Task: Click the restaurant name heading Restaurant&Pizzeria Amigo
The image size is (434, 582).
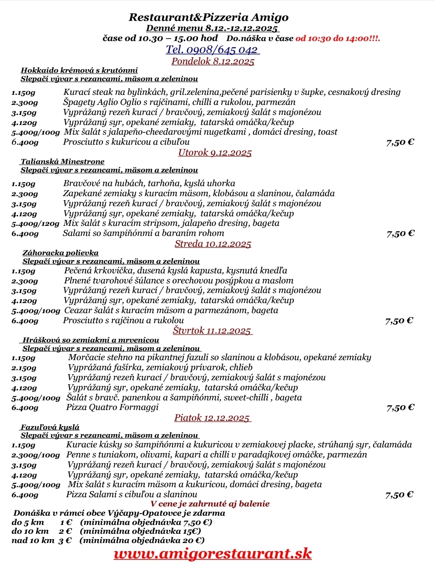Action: coord(209,17)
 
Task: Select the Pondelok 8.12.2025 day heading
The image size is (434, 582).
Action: coord(213,61)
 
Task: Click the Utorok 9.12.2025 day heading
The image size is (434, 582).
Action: coord(215,153)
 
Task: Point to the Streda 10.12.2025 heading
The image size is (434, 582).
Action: coord(213,244)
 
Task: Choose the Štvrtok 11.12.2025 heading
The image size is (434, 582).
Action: coord(212,330)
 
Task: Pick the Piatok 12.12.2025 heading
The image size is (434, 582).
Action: coord(212,418)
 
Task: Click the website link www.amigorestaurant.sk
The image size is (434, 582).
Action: coord(213,553)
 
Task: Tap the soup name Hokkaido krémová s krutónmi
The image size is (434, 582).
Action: coord(79,70)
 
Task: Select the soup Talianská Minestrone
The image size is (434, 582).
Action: coord(63,162)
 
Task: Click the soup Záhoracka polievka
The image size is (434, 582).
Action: coord(60,253)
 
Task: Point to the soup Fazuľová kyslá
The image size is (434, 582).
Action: coord(50,427)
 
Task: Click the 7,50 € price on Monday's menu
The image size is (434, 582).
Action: coord(400,142)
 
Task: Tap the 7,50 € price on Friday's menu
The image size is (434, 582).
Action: coord(399,495)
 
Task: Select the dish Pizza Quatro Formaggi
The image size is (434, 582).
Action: coord(113,407)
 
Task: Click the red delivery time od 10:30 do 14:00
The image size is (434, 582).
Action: coord(338,39)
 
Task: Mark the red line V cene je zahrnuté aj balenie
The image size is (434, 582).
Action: coord(210,504)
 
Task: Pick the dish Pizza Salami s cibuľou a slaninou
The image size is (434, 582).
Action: coord(132,494)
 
